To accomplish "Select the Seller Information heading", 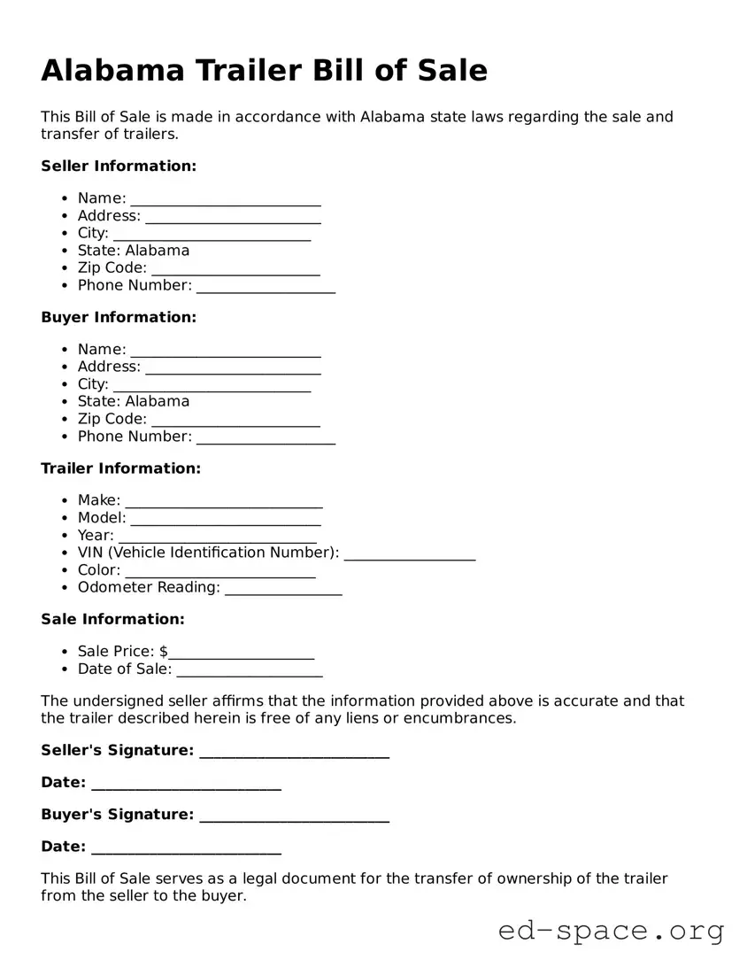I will [x=119, y=166].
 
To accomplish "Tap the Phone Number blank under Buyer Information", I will [x=266, y=437].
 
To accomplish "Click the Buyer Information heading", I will [x=119, y=317].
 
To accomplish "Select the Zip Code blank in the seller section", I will [x=235, y=268].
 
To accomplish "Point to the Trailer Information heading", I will [x=120, y=468].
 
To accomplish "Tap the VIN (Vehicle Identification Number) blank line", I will [x=409, y=553].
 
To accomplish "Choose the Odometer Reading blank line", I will [x=283, y=588].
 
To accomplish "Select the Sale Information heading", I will [x=112, y=619].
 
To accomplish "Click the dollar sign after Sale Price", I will [x=164, y=652].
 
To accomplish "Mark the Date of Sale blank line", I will [x=249, y=670].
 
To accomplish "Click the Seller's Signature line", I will [x=294, y=752].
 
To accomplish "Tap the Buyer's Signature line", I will [x=294, y=816].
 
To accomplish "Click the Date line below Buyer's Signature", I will [x=186, y=847].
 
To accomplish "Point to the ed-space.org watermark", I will [x=611, y=931].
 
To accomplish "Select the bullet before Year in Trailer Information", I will [x=66, y=537].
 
